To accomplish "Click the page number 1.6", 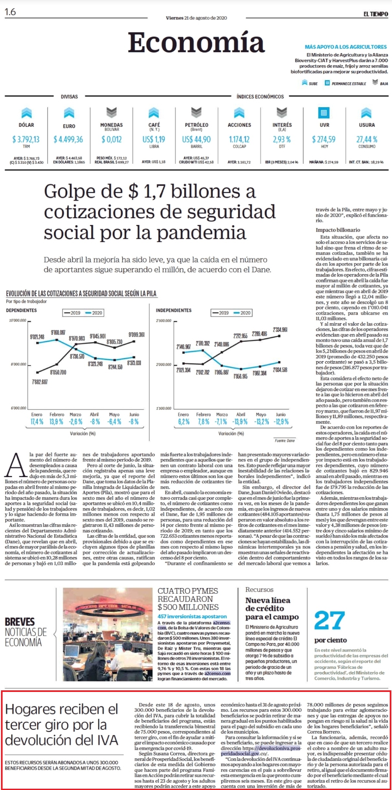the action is (x=10, y=12).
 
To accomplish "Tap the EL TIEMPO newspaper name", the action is (x=375, y=14).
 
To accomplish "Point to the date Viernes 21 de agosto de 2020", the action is (x=196, y=18).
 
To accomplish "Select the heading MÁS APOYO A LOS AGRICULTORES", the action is (x=346, y=47).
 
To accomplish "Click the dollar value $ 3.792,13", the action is (x=26, y=139).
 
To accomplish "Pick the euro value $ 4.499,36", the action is (x=68, y=139).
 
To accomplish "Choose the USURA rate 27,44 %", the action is (x=367, y=139).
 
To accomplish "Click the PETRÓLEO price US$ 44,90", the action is (x=196, y=139).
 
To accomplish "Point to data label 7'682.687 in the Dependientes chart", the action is (x=40, y=382).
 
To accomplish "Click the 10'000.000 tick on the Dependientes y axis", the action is (x=17, y=320).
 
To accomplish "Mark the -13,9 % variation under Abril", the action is (x=240, y=422).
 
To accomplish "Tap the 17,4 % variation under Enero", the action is (x=37, y=422).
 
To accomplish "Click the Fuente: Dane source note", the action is (x=285, y=440).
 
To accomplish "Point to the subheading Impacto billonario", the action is (x=338, y=230).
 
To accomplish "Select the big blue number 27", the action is (x=330, y=620).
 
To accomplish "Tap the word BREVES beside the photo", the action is (x=20, y=622).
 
